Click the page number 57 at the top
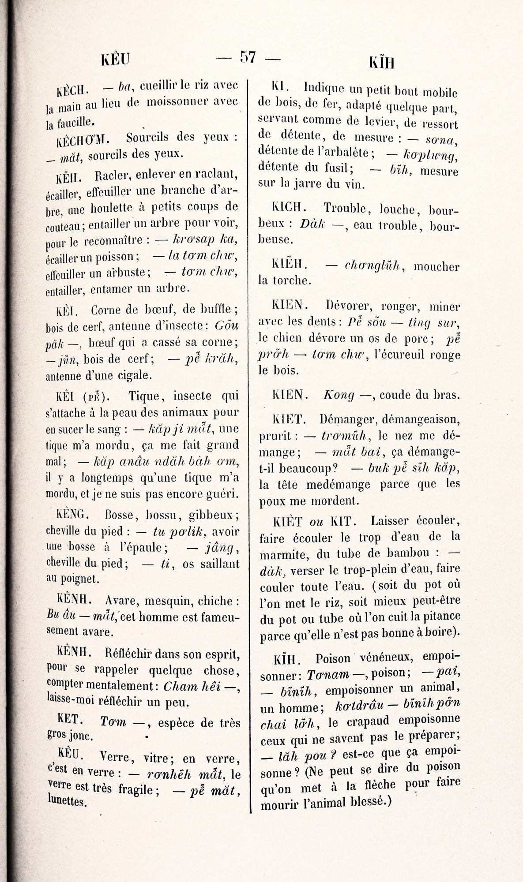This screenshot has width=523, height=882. [x=248, y=58]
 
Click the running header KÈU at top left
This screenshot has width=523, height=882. [x=115, y=59]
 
